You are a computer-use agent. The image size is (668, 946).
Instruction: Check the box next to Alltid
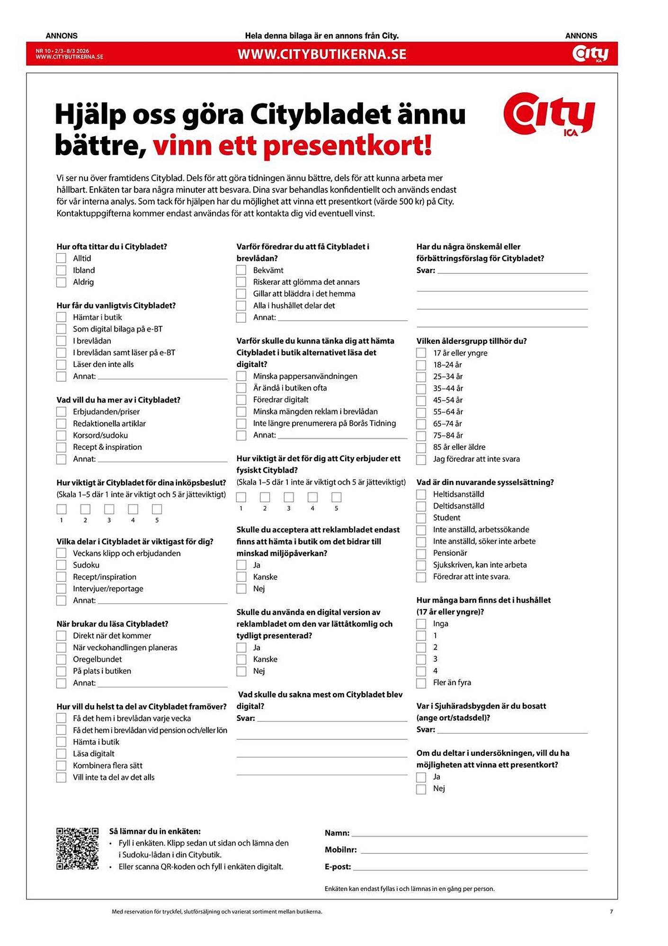[61, 258]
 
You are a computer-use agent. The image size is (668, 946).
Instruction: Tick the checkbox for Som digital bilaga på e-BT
[61, 329]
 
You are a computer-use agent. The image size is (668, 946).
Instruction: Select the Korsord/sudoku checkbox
[61, 436]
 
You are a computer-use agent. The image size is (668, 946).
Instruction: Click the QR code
[78, 849]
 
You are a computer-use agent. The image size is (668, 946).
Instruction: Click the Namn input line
[469, 834]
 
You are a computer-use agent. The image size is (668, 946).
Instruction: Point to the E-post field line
[470, 867]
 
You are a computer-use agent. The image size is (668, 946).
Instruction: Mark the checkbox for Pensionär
[421, 553]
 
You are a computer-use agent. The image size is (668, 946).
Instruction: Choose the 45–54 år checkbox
[421, 401]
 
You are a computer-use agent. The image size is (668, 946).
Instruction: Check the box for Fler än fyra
[421, 683]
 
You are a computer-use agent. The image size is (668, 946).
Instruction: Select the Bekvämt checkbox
[241, 271]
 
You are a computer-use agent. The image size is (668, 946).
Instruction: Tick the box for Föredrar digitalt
[241, 400]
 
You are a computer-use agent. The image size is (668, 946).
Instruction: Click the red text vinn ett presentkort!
[292, 146]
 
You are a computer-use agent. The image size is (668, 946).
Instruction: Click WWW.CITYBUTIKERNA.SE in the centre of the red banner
[322, 54]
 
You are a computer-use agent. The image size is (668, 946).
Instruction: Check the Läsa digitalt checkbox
[61, 754]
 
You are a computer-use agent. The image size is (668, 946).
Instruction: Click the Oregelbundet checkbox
[61, 660]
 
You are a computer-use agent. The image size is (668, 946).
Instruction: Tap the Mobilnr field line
[473, 850]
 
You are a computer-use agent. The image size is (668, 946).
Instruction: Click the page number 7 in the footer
[611, 911]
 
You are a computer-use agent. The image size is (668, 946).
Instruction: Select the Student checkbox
[421, 518]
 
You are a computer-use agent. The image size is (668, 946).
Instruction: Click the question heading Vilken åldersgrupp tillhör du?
[471, 341]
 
